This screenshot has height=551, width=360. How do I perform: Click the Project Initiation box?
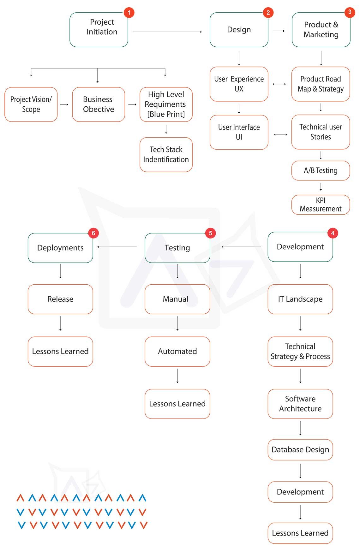99,30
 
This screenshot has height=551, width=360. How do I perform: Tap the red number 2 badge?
268,13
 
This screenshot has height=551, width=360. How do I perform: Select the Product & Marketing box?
321,30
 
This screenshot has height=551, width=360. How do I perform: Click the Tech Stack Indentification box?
166,155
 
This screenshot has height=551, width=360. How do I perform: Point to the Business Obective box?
99,104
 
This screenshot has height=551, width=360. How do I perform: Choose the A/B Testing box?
321,171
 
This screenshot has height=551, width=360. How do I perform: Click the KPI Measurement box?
321,205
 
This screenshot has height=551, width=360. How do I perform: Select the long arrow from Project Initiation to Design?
167,32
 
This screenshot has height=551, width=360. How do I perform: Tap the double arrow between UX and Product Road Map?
279,84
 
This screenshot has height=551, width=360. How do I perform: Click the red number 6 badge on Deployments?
93,233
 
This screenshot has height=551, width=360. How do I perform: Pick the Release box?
60,299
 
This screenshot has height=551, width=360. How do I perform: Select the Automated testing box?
177,352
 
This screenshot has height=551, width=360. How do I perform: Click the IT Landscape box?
300,299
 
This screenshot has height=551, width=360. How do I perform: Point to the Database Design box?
300,450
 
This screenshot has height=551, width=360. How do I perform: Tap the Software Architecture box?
300,404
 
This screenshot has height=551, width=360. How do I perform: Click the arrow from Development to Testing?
242,247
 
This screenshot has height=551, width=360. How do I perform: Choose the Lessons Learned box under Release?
60,352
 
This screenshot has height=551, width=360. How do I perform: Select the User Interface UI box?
239,132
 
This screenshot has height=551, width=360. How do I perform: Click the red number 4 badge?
332,233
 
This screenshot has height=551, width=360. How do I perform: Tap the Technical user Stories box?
321,132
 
